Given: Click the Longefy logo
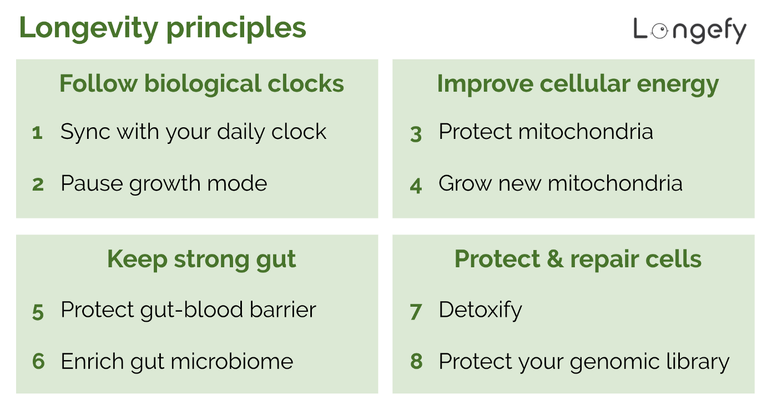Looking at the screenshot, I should click(690, 30).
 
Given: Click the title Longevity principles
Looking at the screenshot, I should click(163, 28).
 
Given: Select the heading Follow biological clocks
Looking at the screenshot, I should click(201, 84).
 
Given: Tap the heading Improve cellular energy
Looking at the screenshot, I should click(578, 84).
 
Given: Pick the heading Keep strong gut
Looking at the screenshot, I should click(201, 260).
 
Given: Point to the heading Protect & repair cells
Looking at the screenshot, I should click(578, 260).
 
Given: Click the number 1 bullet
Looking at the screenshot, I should click(37, 133).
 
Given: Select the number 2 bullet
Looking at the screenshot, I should click(38, 184).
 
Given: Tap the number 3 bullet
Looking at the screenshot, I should click(416, 134).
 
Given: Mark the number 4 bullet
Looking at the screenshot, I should click(416, 185).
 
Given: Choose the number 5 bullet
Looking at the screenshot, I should click(38, 312).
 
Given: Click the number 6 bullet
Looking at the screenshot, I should click(38, 362).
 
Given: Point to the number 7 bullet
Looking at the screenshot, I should click(416, 312).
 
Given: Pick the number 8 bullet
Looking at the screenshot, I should click(416, 362).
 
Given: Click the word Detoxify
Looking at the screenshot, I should click(480, 310).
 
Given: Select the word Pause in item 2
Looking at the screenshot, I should click(92, 183).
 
